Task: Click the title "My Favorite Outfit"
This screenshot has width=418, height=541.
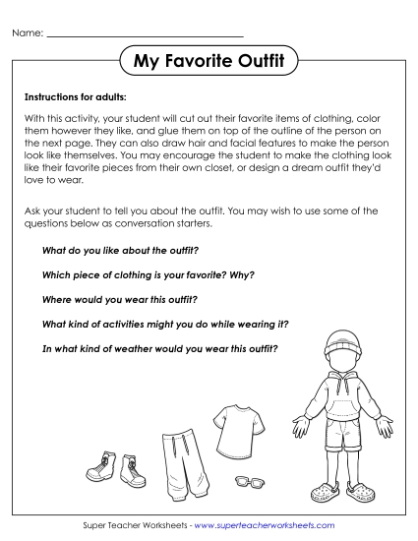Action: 209,63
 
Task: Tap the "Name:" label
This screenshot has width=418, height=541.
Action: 28,33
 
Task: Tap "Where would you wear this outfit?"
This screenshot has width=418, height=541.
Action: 120,298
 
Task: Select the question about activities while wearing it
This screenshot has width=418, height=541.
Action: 155,323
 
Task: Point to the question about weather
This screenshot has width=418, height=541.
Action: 159,347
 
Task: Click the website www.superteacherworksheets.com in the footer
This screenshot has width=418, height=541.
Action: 265,526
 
